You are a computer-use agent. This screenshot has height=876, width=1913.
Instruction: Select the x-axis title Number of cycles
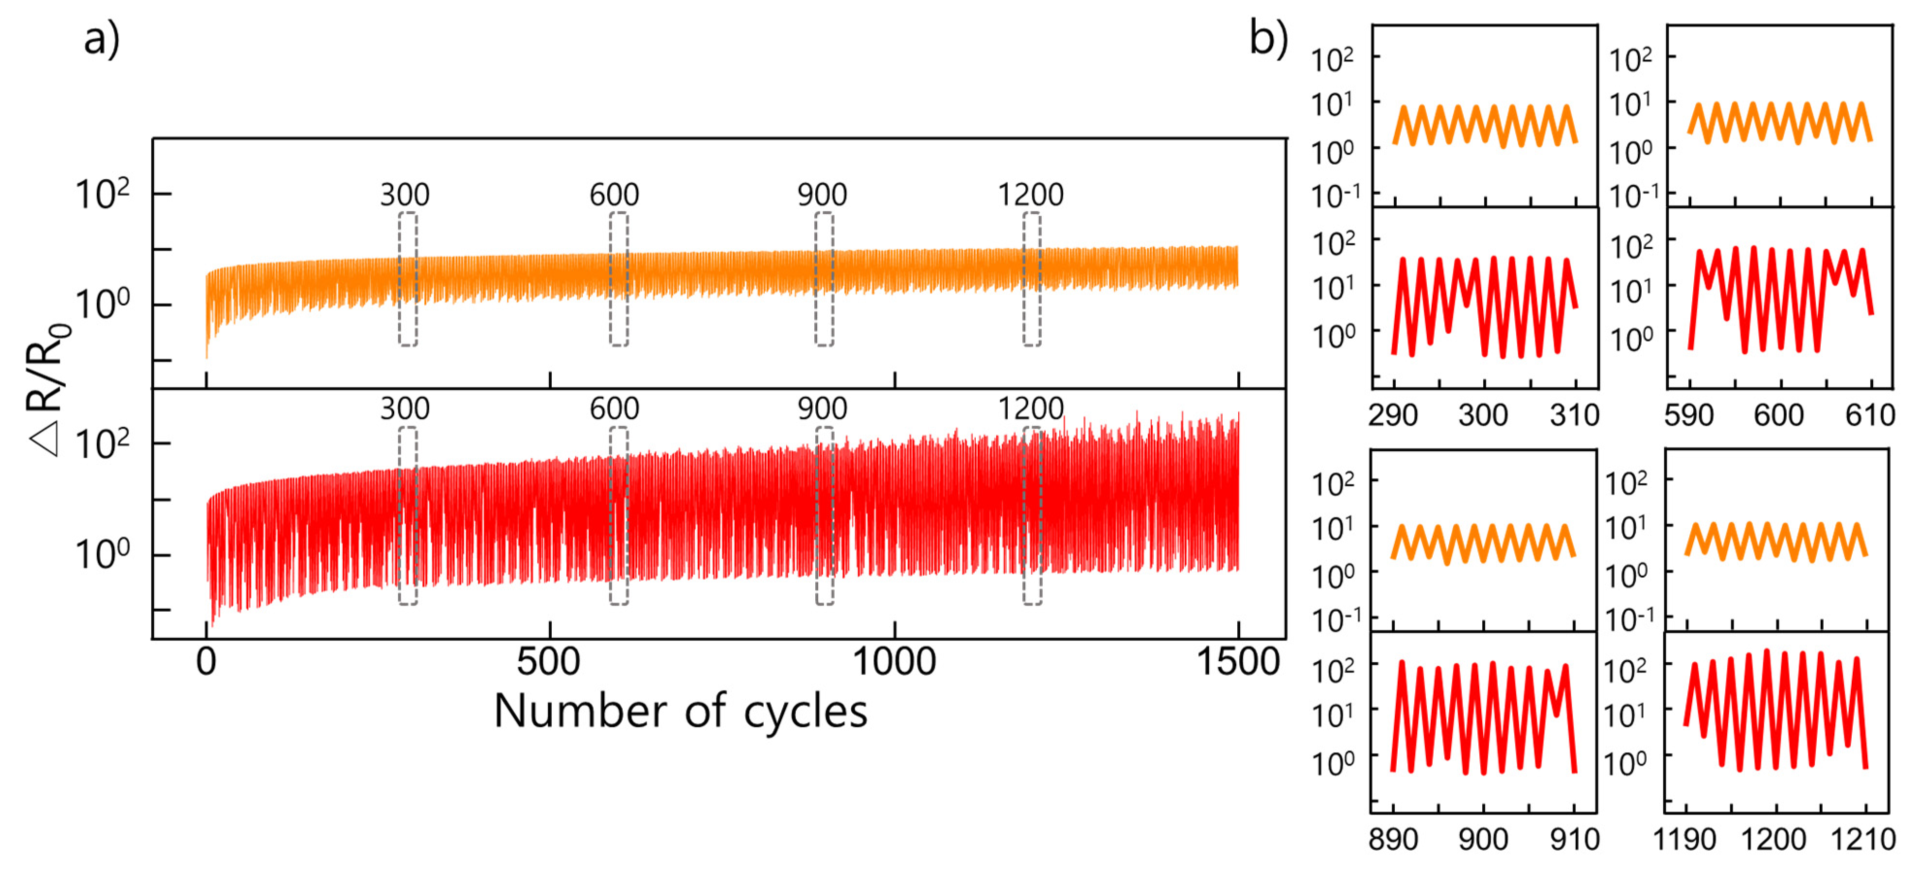[x=680, y=711]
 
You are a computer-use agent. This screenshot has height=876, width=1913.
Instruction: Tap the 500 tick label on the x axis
[x=549, y=661]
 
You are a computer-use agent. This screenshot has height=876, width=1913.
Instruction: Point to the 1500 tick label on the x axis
[x=1237, y=661]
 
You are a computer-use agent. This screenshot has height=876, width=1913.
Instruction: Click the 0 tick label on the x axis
[x=207, y=661]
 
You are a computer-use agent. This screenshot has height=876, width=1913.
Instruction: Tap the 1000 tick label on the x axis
[x=894, y=661]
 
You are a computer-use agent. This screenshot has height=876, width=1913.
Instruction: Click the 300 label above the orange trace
[x=405, y=194]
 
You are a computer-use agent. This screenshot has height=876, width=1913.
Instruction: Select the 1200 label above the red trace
[x=1030, y=408]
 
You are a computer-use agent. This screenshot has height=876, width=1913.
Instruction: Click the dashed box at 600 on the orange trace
[x=618, y=279]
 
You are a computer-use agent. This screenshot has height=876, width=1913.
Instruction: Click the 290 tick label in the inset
[x=1393, y=414]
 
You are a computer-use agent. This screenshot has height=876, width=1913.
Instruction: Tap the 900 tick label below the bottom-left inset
[x=1483, y=840]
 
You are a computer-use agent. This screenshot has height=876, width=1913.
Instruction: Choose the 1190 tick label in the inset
[x=1685, y=840]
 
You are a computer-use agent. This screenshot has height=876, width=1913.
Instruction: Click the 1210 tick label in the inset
[x=1863, y=840]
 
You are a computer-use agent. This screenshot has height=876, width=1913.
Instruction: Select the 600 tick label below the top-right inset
[x=1779, y=414]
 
